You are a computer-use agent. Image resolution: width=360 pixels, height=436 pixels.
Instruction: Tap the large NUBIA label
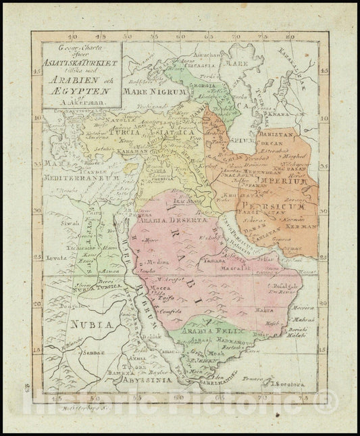pos(86,324)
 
